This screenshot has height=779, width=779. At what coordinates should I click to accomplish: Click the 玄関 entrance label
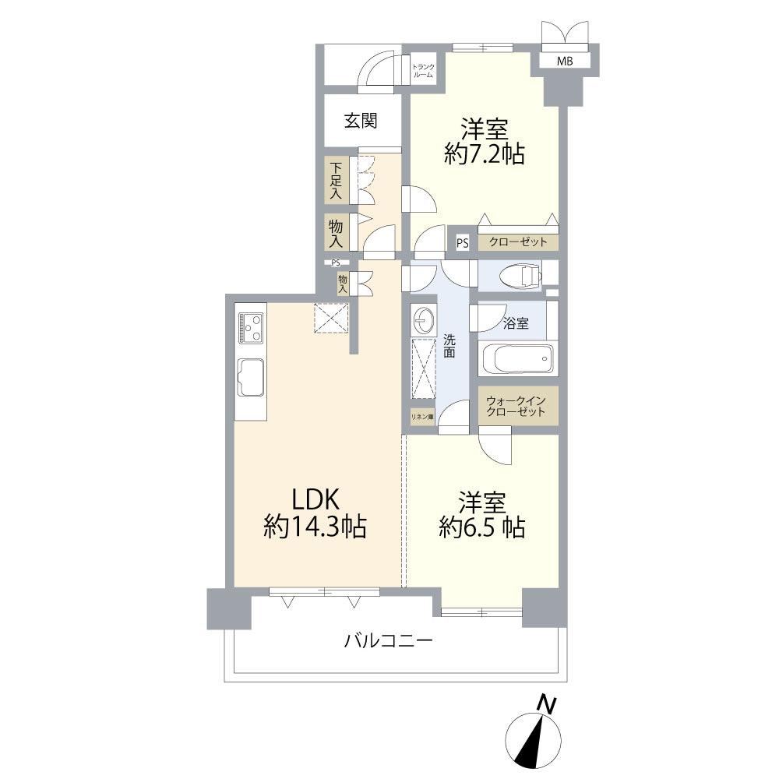pyautogui.click(x=361, y=121)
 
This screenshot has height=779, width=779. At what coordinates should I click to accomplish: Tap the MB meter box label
pyautogui.click(x=564, y=61)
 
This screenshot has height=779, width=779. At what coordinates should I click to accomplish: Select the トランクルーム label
pyautogui.click(x=423, y=71)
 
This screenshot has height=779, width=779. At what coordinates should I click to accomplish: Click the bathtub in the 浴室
pyautogui.click(x=516, y=358)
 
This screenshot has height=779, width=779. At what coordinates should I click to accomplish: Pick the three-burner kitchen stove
pyautogui.click(x=250, y=327)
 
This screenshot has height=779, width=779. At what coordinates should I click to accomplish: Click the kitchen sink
pyautogui.click(x=251, y=378)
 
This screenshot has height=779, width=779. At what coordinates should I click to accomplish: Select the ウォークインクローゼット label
pyautogui.click(x=516, y=406)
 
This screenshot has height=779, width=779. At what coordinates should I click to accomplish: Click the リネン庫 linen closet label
pyautogui.click(x=421, y=417)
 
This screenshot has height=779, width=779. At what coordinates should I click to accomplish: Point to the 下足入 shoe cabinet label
pyautogui.click(x=337, y=180)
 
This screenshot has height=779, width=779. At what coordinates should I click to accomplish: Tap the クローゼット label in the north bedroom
pyautogui.click(x=518, y=242)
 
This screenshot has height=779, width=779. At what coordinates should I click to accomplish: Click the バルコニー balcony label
pyautogui.click(x=389, y=640)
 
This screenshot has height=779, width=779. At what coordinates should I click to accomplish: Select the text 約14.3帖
pyautogui.click(x=315, y=527)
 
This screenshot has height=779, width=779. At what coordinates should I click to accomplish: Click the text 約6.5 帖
pyautogui.click(x=482, y=527)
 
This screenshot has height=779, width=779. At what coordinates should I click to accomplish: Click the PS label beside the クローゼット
pyautogui.click(x=463, y=243)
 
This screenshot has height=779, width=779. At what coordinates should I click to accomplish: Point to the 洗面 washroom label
pyautogui.click(x=449, y=346)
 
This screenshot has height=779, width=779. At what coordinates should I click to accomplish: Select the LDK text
pyautogui.click(x=315, y=500)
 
